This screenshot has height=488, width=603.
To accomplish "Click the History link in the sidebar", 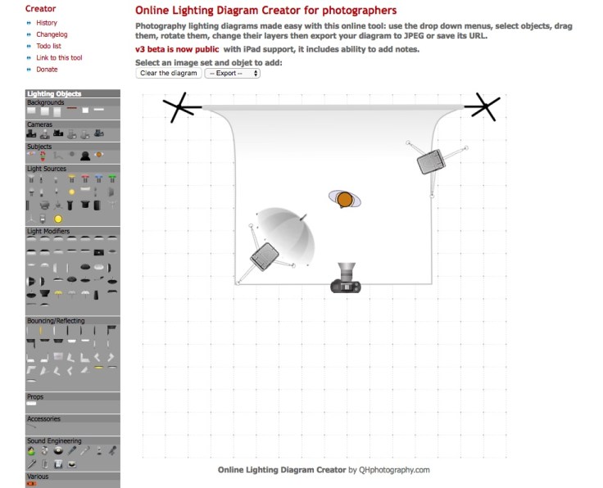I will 47,23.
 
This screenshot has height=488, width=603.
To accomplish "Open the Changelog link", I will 51,34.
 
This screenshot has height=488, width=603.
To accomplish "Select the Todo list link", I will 49,46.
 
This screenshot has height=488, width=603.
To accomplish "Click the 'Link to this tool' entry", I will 59,57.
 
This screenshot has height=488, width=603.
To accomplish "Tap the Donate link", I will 47,70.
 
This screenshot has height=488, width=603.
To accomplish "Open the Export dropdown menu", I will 232,74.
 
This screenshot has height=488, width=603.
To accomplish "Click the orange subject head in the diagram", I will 345,199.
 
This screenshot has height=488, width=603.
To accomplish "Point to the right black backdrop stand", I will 483,106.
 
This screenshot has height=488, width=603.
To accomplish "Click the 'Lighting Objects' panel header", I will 54,94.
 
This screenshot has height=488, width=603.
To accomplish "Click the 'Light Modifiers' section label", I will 48,232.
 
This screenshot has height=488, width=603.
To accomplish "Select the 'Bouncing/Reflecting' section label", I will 56,321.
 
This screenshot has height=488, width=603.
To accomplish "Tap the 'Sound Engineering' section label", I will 54,441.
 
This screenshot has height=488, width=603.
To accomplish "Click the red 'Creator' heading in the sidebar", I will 41,8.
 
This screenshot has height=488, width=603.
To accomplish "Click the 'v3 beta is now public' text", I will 177,49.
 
